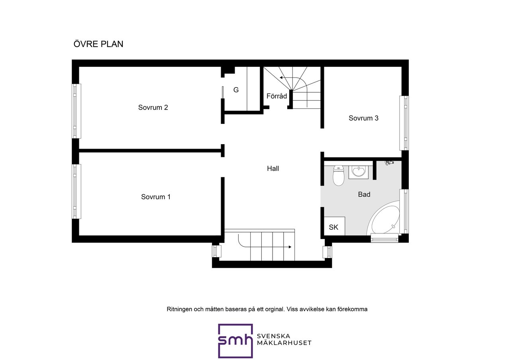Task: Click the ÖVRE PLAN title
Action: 98,44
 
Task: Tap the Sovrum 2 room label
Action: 153,108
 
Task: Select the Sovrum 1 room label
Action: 156,197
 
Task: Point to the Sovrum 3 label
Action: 363,118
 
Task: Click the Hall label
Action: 273,168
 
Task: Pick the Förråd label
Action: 277,96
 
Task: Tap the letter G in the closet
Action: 236,90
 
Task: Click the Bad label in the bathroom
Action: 364,194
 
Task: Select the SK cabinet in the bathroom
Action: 334,226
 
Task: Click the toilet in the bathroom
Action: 338,176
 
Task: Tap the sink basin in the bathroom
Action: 359,172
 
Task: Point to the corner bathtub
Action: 383,217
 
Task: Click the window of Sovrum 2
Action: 76,111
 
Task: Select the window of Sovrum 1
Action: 76,192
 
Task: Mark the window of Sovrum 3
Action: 404,123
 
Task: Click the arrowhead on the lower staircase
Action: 290,247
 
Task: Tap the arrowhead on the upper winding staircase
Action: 281,78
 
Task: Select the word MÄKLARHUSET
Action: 284,343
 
